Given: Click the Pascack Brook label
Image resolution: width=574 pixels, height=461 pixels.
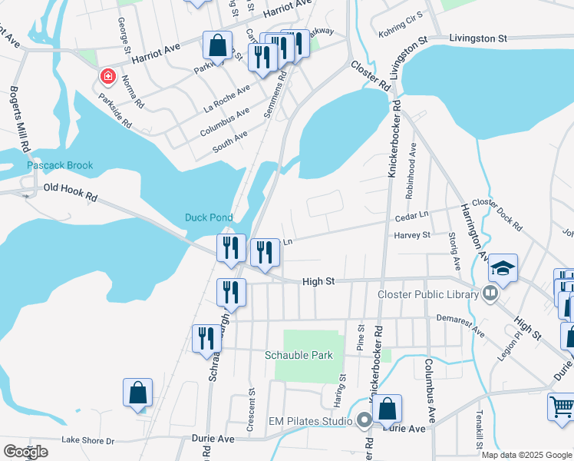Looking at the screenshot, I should [x=60, y=165].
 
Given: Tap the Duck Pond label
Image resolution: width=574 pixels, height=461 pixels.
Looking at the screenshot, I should [x=209, y=217].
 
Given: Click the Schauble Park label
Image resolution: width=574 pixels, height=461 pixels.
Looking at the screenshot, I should [x=299, y=355].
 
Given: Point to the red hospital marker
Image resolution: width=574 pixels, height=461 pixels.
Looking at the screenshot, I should [x=108, y=77].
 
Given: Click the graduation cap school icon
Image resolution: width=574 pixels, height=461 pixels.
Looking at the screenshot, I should [x=503, y=268].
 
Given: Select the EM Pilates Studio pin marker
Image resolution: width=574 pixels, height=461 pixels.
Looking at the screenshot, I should [x=365, y=420].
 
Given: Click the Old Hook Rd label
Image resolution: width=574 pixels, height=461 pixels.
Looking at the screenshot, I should [x=71, y=192].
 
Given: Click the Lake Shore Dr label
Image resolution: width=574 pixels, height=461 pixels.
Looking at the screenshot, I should [x=87, y=441].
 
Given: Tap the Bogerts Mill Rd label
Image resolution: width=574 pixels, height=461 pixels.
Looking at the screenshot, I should [x=20, y=118].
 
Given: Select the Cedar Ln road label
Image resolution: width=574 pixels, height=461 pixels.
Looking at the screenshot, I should [x=410, y=217].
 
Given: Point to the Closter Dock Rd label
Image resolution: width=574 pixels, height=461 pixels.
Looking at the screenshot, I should [x=496, y=214].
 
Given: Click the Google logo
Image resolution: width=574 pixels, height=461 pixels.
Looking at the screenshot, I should [x=25, y=452].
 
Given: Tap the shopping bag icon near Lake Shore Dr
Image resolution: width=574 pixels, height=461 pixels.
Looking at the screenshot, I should [x=138, y=393].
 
